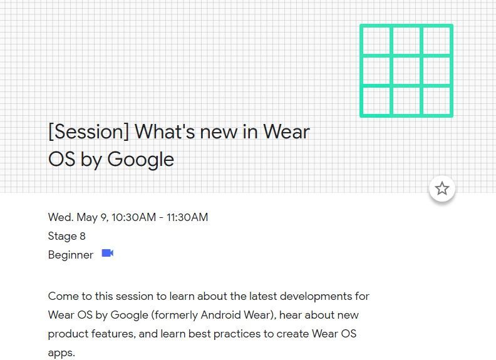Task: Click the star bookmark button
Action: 442,188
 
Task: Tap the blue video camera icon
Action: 108,254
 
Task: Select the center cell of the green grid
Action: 406,71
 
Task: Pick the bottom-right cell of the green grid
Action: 437,100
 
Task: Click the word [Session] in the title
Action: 88,132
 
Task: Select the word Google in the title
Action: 141,160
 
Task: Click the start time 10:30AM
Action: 133,217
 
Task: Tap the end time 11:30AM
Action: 187,217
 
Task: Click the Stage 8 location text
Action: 66,236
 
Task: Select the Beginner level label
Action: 70,255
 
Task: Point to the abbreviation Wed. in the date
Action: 61,217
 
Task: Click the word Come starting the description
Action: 63,296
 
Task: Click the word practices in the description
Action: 237,334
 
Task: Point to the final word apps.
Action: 61,353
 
